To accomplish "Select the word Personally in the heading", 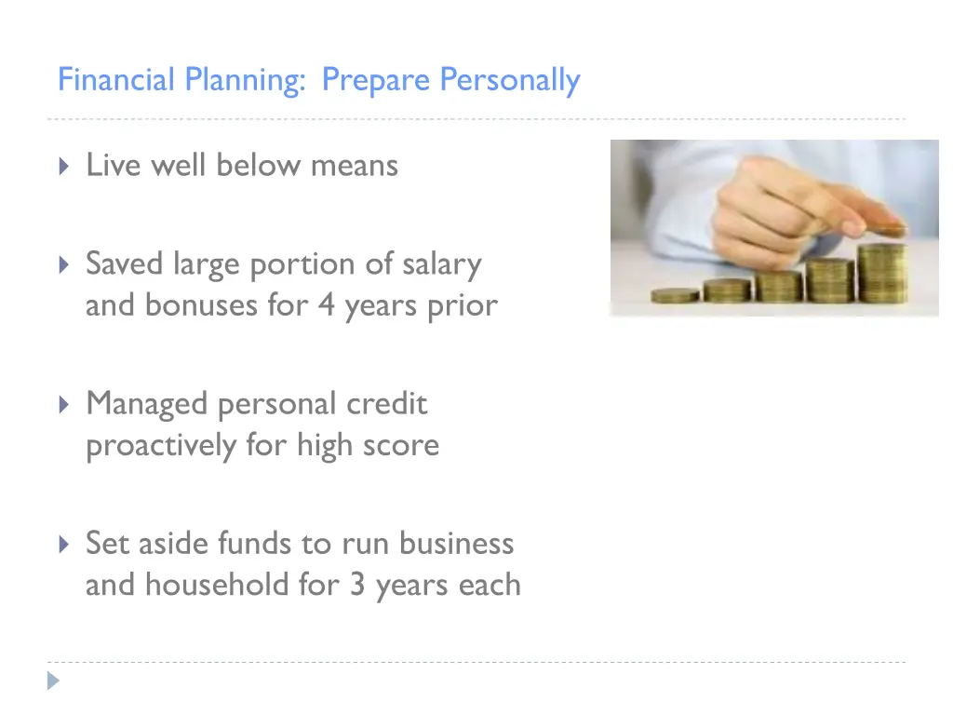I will [510, 81].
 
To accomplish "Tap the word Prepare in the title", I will [376, 81].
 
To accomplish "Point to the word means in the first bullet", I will [355, 166].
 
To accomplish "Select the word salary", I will [441, 265].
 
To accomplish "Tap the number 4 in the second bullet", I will [326, 306].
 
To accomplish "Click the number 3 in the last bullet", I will [357, 585].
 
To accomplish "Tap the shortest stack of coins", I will [675, 295].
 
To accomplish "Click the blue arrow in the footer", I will [54, 681].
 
